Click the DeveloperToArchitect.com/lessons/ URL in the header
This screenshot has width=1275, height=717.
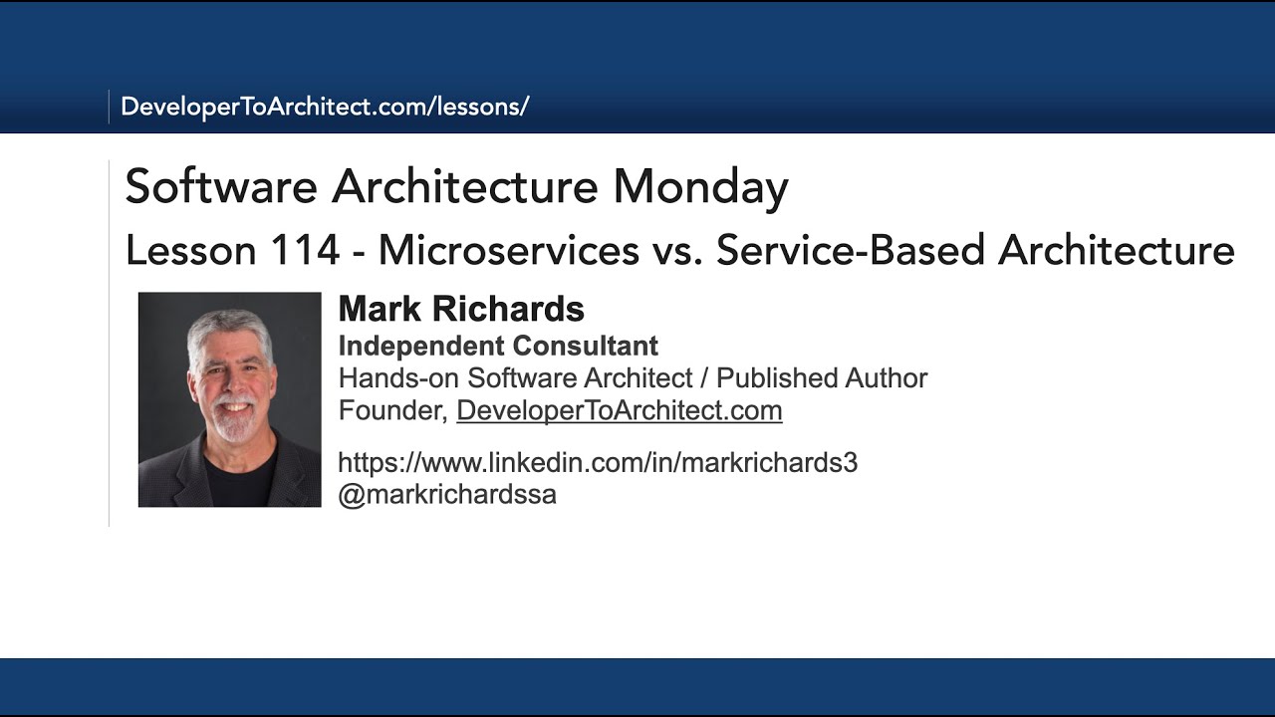(325, 107)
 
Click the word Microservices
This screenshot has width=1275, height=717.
(508, 250)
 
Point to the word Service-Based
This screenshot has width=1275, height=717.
(851, 250)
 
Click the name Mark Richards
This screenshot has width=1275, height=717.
(461, 310)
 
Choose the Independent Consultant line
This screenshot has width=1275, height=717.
(498, 346)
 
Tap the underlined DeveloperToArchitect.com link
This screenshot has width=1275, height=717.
(619, 410)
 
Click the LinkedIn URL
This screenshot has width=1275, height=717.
(598, 462)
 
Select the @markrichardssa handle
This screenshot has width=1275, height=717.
(447, 494)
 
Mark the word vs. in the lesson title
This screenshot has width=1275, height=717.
(677, 250)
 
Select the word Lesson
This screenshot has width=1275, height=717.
(185, 250)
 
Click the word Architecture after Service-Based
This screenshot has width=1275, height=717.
(1117, 250)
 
